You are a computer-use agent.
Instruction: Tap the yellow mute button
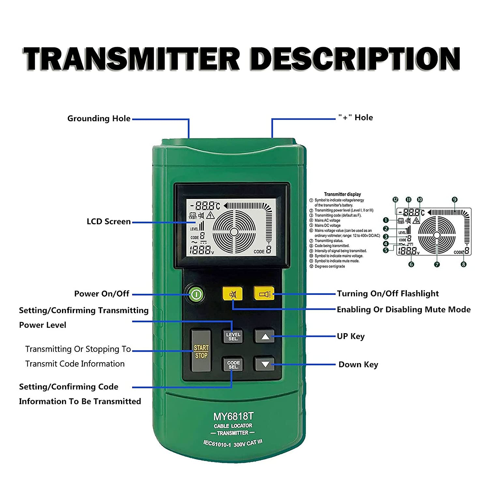point(232,294)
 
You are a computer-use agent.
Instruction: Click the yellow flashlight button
point(264,294)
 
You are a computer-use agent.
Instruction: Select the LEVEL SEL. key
point(233,336)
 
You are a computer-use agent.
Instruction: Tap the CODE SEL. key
point(233,364)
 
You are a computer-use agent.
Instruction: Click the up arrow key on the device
point(265,336)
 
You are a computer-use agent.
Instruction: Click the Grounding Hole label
point(99,119)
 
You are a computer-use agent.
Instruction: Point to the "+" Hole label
point(355,118)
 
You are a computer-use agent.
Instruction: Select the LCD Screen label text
point(109,222)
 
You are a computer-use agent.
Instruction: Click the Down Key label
point(358,364)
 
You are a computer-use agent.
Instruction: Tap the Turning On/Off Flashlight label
point(388,294)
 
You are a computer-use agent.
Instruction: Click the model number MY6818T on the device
point(233,416)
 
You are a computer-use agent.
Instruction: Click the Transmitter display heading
point(342,194)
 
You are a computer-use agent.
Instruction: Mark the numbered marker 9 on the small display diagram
point(454,200)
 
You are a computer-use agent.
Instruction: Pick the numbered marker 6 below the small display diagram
point(411,264)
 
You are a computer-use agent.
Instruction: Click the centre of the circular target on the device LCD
point(234,232)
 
